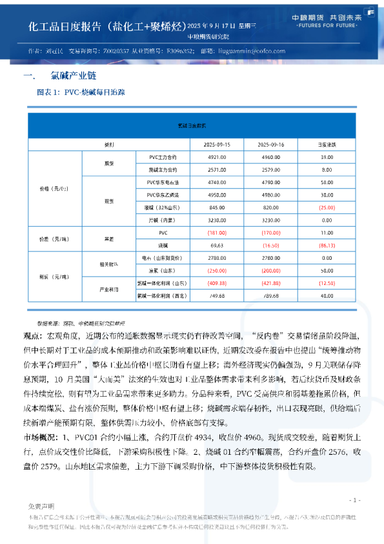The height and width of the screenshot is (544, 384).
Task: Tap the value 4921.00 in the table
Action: tap(216, 158)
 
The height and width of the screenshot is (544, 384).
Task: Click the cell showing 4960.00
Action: tap(271, 158)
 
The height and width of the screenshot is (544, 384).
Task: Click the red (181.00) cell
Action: tap(216, 232)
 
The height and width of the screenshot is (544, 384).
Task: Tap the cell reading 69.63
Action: tap(216, 246)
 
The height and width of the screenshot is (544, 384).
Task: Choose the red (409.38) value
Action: tap(216, 283)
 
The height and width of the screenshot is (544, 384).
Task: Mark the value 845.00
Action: tap(216, 207)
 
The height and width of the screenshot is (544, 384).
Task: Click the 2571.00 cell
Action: tap(216, 170)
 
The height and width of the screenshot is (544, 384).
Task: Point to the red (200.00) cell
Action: tap(271, 270)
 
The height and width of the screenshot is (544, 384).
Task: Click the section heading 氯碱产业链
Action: tap(68, 76)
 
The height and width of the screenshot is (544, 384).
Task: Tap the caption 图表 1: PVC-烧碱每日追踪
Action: tap(81, 93)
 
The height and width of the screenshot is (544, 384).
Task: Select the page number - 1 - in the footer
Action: tap(354, 500)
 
